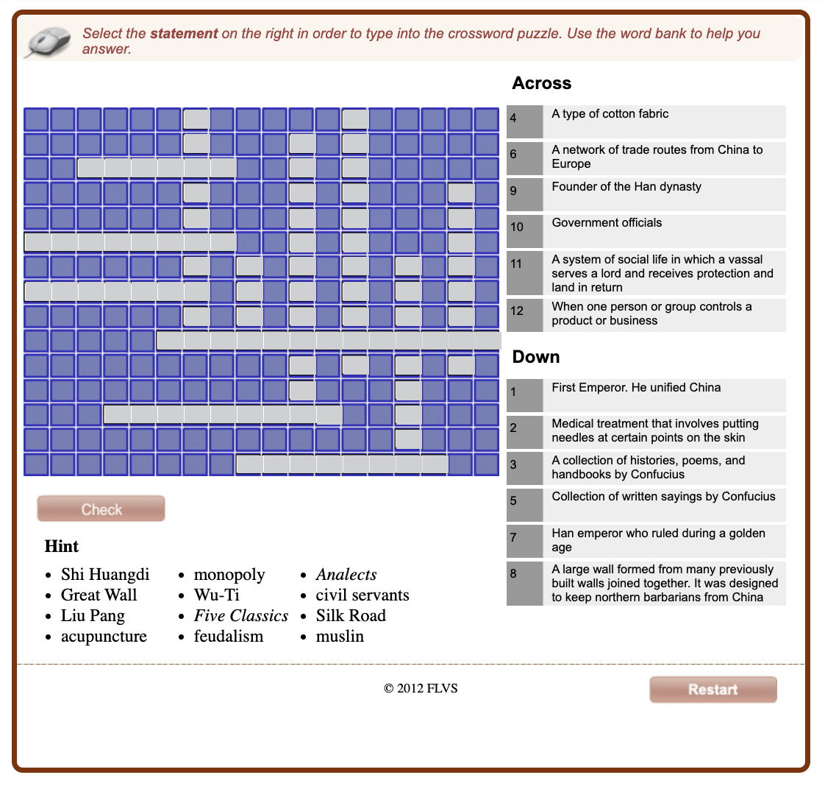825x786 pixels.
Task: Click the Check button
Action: click(x=101, y=509)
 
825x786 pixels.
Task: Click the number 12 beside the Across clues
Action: click(x=517, y=311)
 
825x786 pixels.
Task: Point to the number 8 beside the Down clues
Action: click(x=513, y=573)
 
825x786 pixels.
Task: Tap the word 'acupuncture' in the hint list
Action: click(x=104, y=636)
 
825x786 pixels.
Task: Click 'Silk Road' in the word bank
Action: click(x=351, y=615)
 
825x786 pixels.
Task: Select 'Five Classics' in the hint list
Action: click(x=240, y=615)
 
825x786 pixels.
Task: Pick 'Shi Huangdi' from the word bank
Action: click(x=105, y=574)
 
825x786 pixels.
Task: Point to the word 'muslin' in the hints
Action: click(x=340, y=636)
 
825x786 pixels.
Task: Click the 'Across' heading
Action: click(x=541, y=83)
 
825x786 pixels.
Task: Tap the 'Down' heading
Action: click(x=535, y=357)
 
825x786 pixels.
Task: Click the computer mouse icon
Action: click(x=48, y=41)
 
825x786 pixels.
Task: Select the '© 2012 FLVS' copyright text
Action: click(x=421, y=689)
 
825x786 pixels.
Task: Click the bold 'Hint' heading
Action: click(x=62, y=546)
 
